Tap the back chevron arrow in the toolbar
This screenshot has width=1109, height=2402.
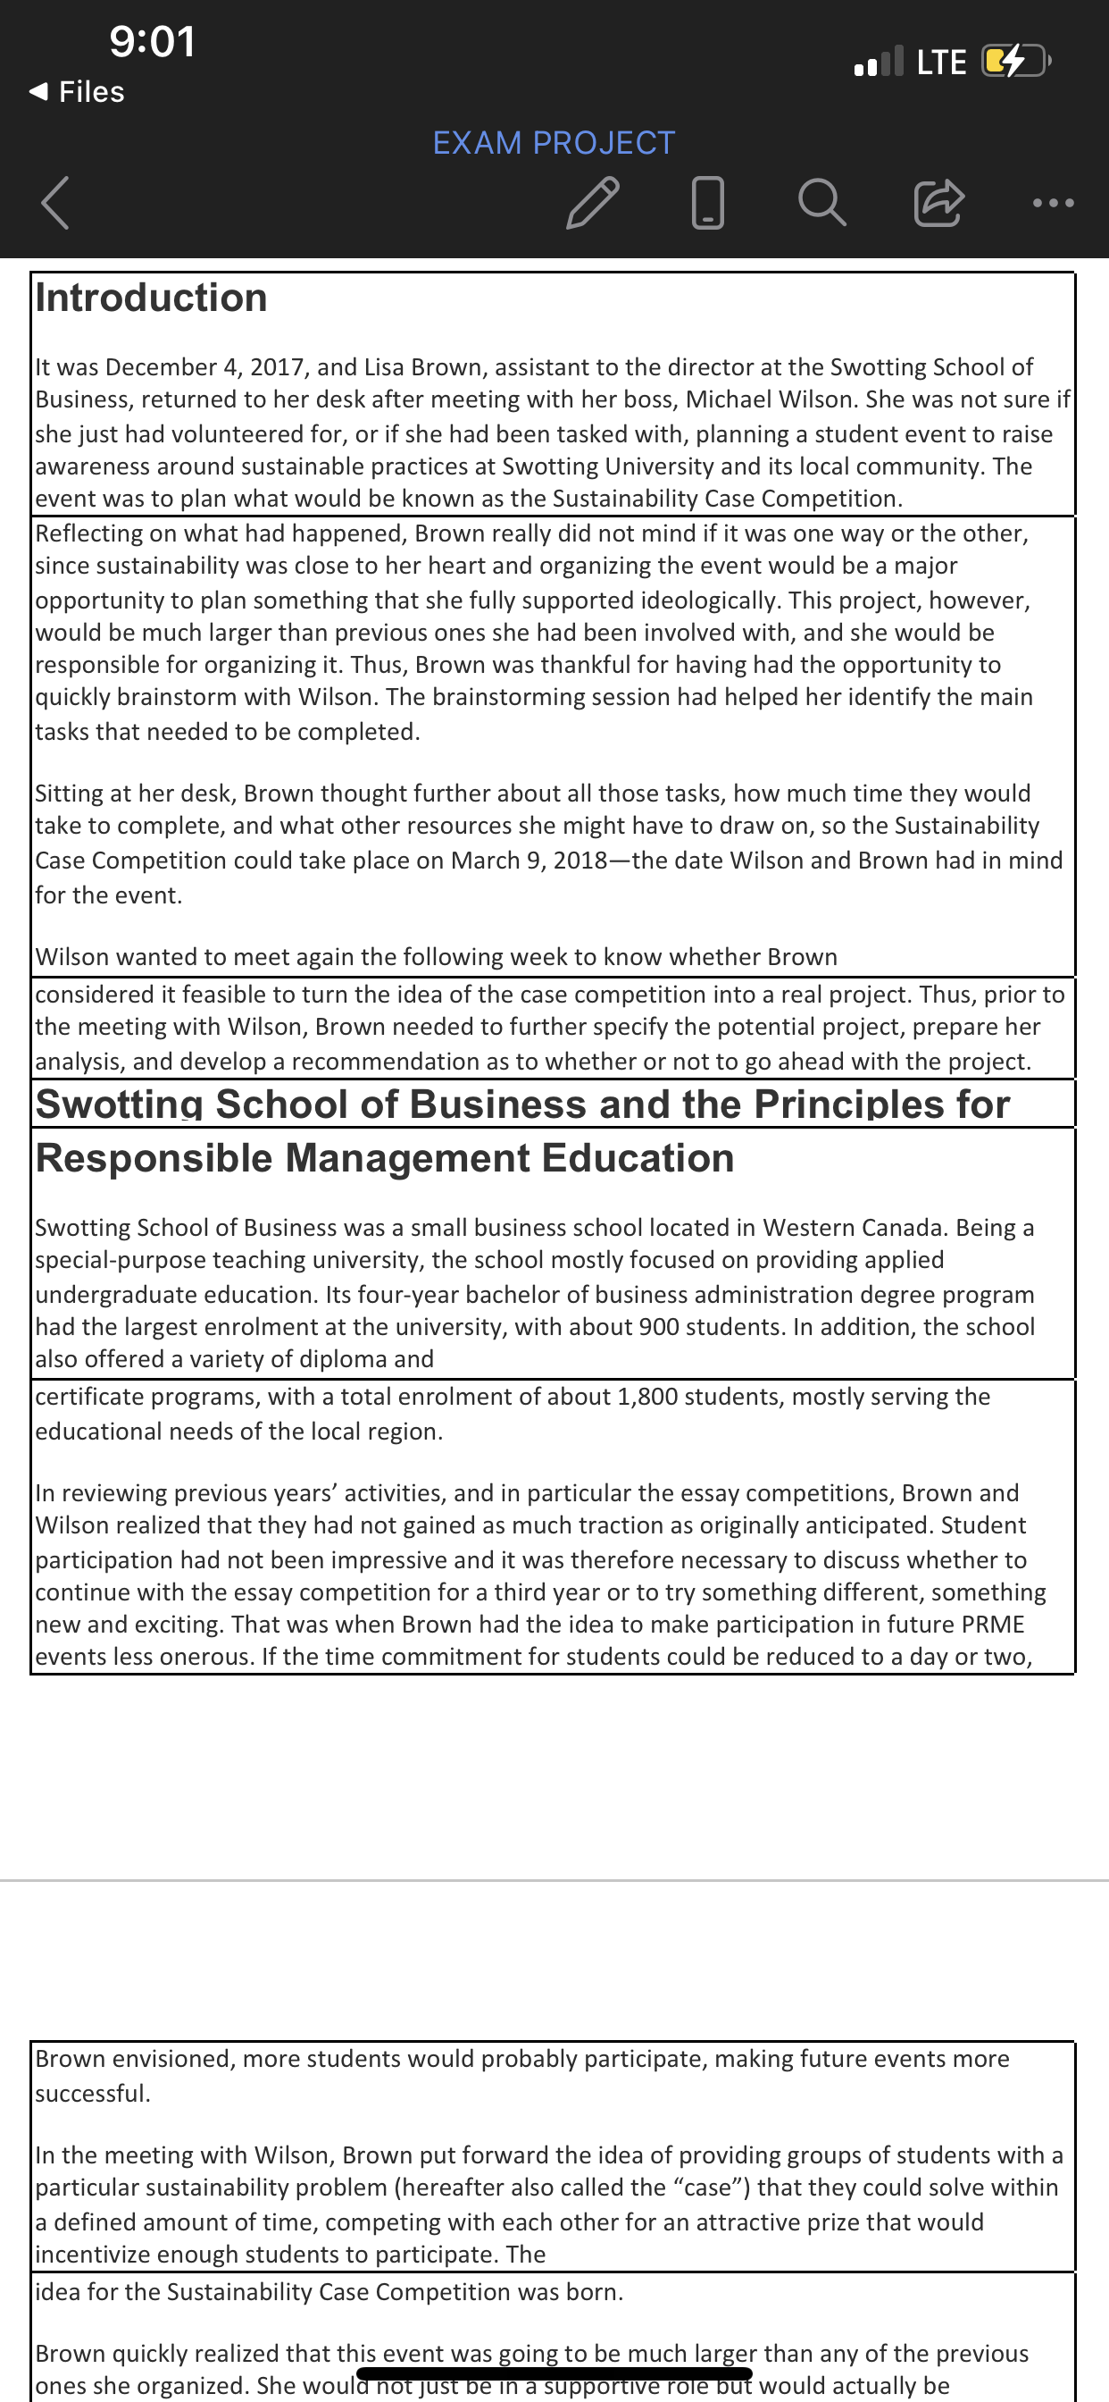click(x=55, y=202)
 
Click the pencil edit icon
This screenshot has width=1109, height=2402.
click(x=593, y=202)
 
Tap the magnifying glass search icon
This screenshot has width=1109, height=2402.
click(x=822, y=202)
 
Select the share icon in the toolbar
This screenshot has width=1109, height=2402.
click(x=938, y=202)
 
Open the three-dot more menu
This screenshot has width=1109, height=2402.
click(x=1053, y=202)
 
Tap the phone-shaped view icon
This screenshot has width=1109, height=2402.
click(x=708, y=202)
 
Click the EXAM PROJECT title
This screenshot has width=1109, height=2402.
click(x=554, y=143)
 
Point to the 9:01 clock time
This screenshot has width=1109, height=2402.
click(x=152, y=42)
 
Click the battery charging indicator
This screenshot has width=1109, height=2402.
click(x=1016, y=62)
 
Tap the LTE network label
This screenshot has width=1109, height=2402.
click(x=941, y=63)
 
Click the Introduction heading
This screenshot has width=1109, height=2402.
click(x=151, y=298)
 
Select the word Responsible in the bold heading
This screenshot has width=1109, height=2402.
click(x=154, y=1158)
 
